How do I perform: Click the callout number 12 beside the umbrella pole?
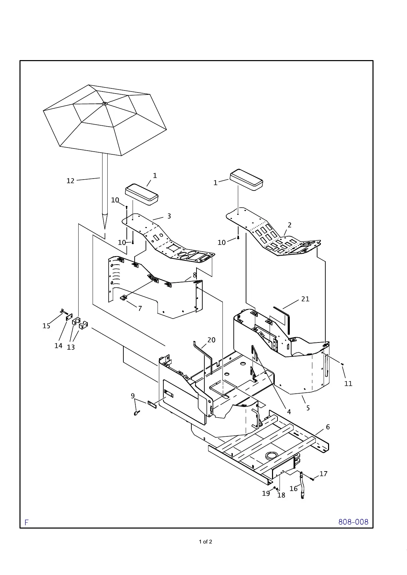pyautogui.click(x=70, y=181)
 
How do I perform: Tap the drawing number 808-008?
pyautogui.click(x=353, y=522)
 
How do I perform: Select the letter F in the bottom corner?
pyautogui.click(x=26, y=522)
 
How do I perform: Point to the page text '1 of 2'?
pyautogui.click(x=206, y=542)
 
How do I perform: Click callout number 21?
pyautogui.click(x=305, y=299)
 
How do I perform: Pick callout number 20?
pyautogui.click(x=212, y=340)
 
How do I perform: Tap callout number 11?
pyautogui.click(x=348, y=383)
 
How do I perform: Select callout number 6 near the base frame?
pyautogui.click(x=328, y=427)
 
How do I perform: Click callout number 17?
pyautogui.click(x=323, y=474)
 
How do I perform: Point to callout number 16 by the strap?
pyautogui.click(x=294, y=489)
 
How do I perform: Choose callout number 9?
pyautogui.click(x=133, y=396)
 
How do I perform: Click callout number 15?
pyautogui.click(x=46, y=326)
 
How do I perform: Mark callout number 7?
pyautogui.click(x=140, y=308)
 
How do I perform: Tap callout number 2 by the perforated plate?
pyautogui.click(x=289, y=225)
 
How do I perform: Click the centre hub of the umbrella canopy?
pyautogui.click(x=105, y=103)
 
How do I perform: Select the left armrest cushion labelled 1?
pyautogui.click(x=142, y=195)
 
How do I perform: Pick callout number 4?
pyautogui.click(x=289, y=412)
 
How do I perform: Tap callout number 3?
pyautogui.click(x=169, y=216)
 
